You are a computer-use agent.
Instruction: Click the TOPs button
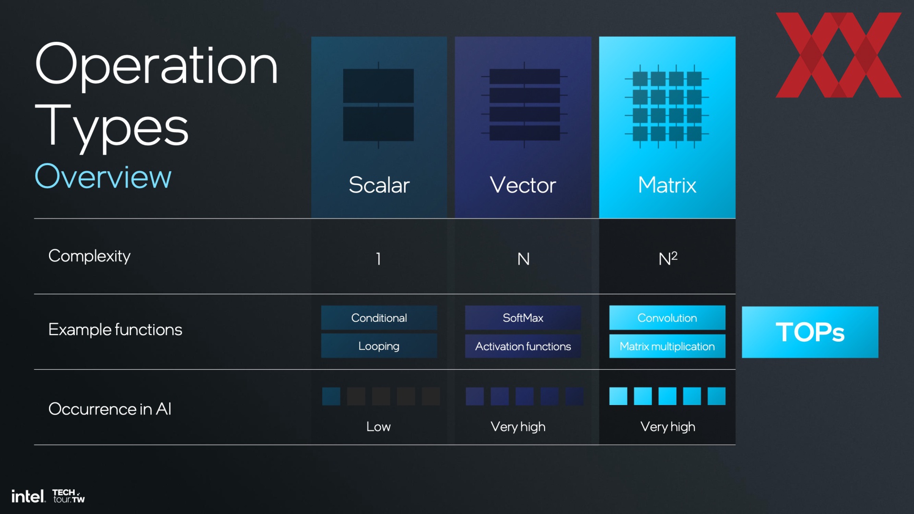pyautogui.click(x=810, y=332)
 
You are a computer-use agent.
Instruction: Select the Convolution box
pyautogui.click(x=667, y=317)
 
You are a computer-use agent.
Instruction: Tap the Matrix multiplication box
pyautogui.click(x=667, y=346)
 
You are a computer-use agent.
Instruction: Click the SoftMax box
pyautogui.click(x=523, y=317)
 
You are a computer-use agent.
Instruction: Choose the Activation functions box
pyautogui.click(x=523, y=346)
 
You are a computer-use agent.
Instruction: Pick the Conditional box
pyautogui.click(x=379, y=317)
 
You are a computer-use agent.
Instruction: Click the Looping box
pyautogui.click(x=379, y=346)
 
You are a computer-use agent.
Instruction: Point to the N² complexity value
pyautogui.click(x=668, y=258)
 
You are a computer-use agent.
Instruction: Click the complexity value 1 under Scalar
pyautogui.click(x=378, y=259)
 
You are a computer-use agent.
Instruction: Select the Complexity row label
pyautogui.click(x=89, y=256)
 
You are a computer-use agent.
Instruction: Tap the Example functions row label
pyautogui.click(x=115, y=329)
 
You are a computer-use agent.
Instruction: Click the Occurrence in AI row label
pyautogui.click(x=110, y=409)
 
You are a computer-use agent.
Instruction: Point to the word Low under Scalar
pyautogui.click(x=378, y=426)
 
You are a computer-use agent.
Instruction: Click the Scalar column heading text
pyautogui.click(x=379, y=185)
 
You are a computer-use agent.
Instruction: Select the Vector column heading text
pyautogui.click(x=523, y=185)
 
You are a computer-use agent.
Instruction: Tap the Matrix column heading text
pyautogui.click(x=667, y=185)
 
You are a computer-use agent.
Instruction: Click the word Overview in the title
pyautogui.click(x=103, y=177)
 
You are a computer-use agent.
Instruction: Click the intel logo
pyautogui.click(x=28, y=496)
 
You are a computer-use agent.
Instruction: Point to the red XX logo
pyautogui.click(x=838, y=55)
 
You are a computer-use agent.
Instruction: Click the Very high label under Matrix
pyautogui.click(x=668, y=427)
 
